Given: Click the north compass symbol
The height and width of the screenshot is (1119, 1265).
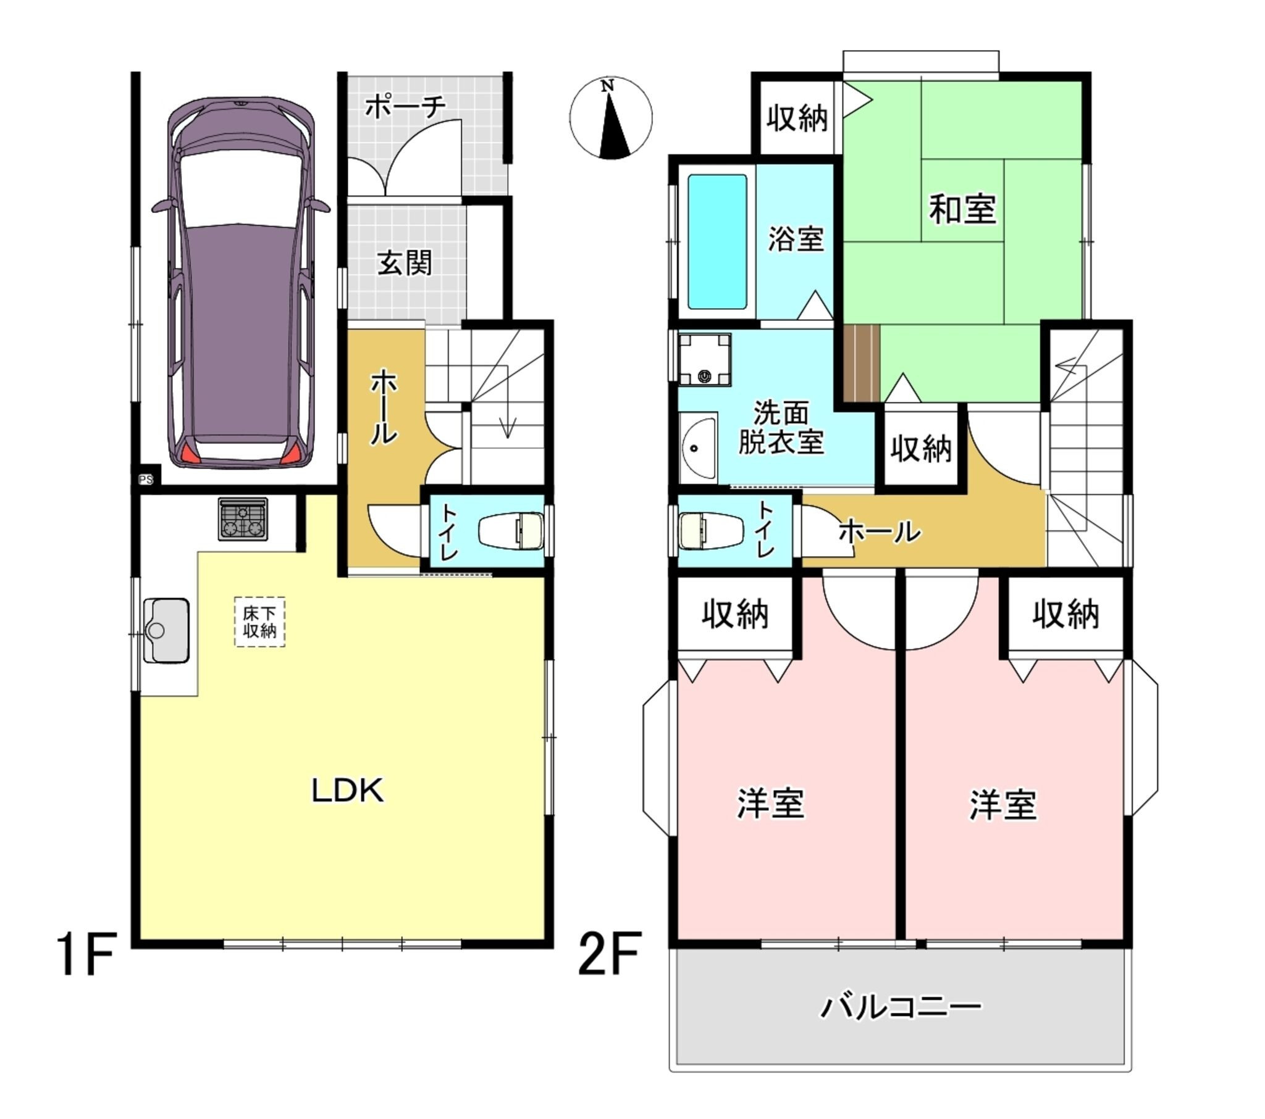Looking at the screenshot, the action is point(610,117).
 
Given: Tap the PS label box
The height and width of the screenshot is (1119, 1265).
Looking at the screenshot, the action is point(146,480).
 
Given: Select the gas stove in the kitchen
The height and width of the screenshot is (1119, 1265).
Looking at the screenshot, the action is point(243,518).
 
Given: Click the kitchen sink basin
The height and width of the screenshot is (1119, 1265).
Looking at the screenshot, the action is point(167,630).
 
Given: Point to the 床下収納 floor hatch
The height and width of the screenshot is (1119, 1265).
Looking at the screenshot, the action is point(259,622).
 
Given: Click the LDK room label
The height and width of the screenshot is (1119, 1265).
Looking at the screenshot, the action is point(347,791).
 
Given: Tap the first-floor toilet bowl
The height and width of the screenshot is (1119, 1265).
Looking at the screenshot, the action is point(511,530).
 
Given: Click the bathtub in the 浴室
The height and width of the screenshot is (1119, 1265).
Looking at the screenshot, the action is point(717,241).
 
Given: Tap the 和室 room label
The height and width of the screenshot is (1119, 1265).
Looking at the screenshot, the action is point(962,209).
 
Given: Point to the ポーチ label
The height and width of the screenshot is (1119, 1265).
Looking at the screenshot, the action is point(405,106).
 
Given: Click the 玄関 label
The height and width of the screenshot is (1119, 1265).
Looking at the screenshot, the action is point(405,263).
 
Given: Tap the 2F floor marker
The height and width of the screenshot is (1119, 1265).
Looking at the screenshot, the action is point(609,954).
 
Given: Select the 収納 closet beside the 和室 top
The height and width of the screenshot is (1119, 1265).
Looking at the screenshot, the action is point(797,117).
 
